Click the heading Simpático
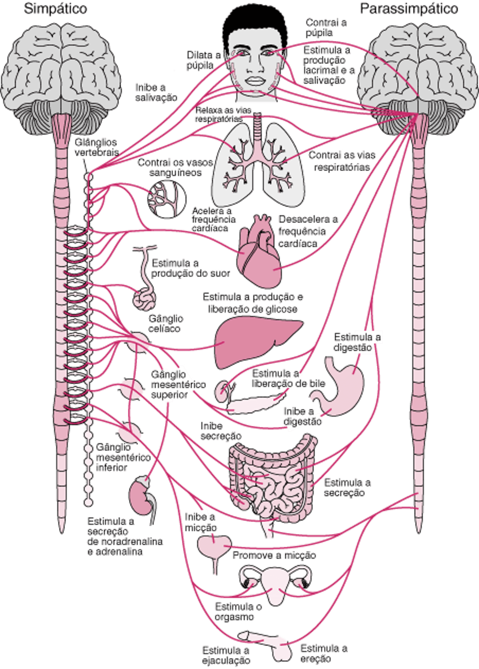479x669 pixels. coord(56,9)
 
